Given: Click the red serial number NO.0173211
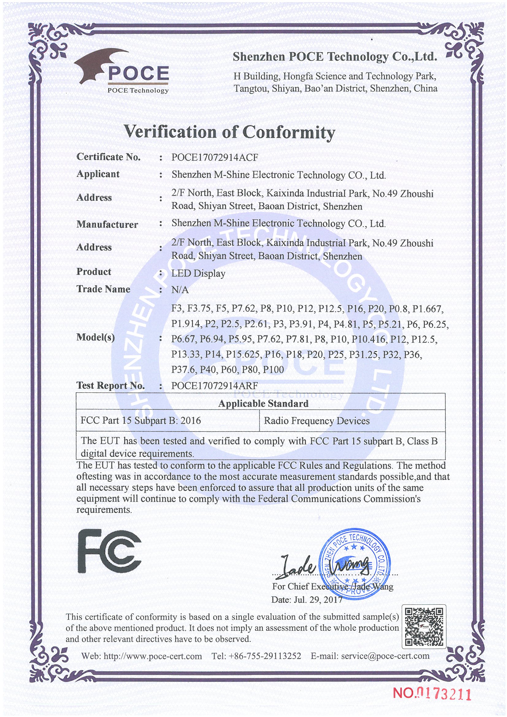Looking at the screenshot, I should point(432,693).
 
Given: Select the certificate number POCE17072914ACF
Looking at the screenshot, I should point(215,157).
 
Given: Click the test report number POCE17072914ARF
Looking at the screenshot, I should point(215,386).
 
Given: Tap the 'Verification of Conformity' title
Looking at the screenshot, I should point(229,132).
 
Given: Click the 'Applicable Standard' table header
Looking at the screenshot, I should point(263,404).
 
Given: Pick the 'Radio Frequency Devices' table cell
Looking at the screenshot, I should point(317,421).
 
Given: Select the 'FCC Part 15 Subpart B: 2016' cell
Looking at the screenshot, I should point(140,421).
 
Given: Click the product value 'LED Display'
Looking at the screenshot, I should point(198,274).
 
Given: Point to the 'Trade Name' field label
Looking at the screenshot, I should point(103,289).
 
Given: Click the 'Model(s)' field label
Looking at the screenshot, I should point(96,337).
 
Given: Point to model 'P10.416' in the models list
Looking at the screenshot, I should point(368,339).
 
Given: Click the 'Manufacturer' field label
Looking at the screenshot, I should point(107,224).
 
